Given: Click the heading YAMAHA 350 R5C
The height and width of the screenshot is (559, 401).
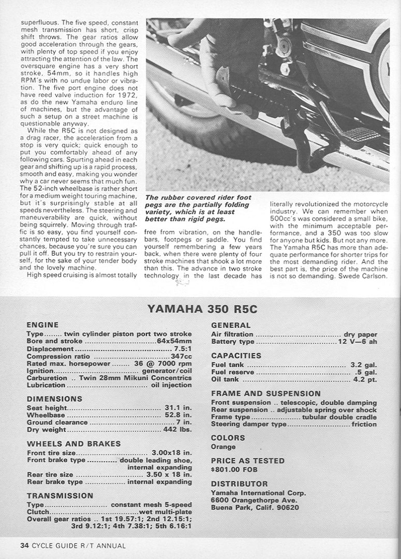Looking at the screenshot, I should [202, 310].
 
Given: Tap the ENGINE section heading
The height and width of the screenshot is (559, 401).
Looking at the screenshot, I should [42, 325].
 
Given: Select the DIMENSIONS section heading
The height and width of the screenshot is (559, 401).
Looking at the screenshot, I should [54, 399].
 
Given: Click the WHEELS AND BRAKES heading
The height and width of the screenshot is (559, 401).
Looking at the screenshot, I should [73, 444].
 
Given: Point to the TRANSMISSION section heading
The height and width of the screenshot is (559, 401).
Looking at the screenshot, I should [60, 495].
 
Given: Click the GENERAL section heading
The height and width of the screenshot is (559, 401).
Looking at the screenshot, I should [231, 326].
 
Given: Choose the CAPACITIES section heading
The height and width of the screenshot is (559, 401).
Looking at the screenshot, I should [236, 356].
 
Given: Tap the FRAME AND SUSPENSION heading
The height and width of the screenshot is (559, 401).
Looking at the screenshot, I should [266, 394].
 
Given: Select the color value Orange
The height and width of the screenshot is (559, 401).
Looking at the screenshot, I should [223, 446].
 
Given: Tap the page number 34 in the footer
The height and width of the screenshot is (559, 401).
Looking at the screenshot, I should [24, 546].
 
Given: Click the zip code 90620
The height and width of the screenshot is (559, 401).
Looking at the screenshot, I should [288, 507].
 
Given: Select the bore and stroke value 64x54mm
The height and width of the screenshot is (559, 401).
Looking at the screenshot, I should [174, 342].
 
